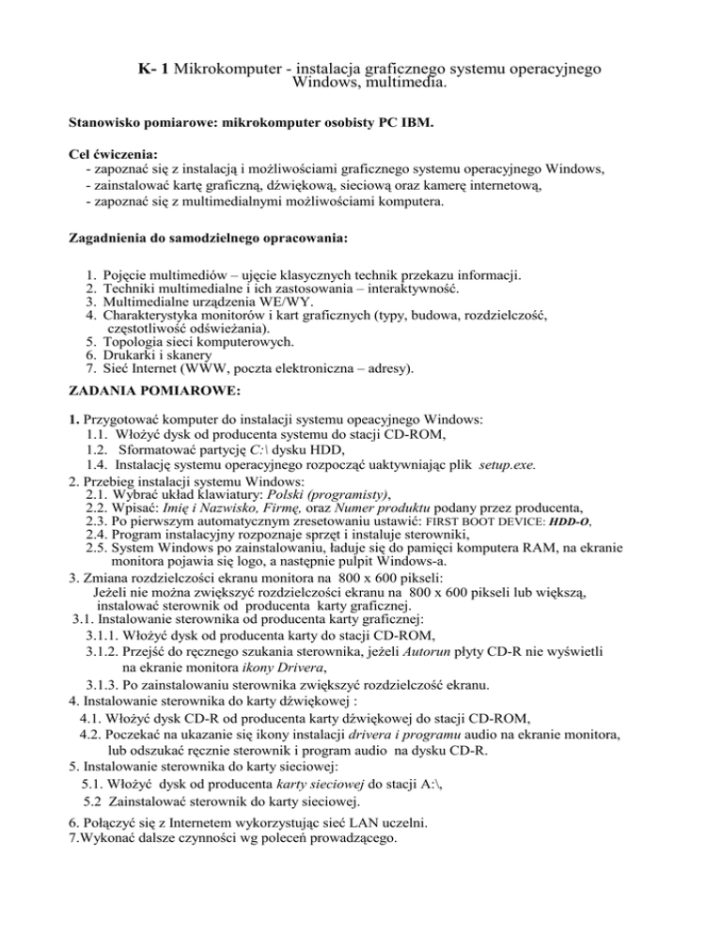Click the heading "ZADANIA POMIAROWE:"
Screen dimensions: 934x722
pos(141,407)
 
